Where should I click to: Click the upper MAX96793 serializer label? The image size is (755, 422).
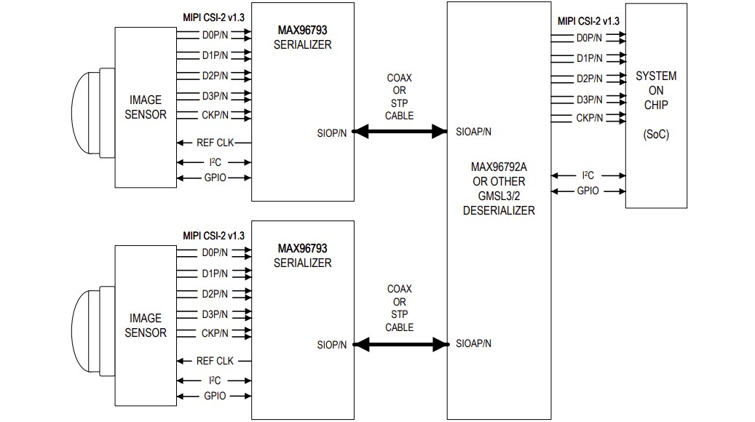tap(302, 31)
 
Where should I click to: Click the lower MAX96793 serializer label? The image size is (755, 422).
tap(302, 249)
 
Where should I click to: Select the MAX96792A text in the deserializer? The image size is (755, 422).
tap(499, 167)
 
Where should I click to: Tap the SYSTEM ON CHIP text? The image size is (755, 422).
tap(656, 90)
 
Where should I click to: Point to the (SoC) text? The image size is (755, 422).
tap(656, 135)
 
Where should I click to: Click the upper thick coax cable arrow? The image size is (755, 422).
tap(400, 132)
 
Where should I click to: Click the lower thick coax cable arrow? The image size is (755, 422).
tap(400, 343)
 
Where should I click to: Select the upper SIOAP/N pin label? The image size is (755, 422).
tap(473, 132)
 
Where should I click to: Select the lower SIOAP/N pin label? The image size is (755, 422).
tap(473, 343)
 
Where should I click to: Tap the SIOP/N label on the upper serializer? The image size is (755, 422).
tap(332, 132)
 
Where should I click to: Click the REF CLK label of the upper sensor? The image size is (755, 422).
tap(215, 143)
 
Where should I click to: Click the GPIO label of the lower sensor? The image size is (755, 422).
tap(215, 396)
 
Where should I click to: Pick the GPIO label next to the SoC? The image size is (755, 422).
tap(588, 191)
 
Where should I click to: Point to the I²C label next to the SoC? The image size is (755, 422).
tap(588, 175)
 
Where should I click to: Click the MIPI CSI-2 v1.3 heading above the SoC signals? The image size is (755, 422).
tap(589, 21)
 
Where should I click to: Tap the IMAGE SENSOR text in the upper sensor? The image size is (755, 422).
tap(146, 107)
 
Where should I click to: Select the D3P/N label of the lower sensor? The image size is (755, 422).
tap(215, 314)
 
